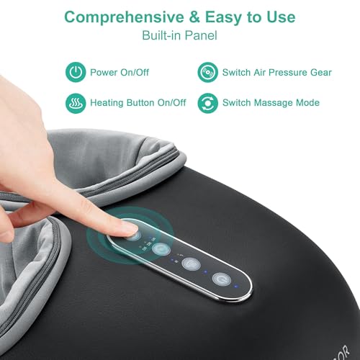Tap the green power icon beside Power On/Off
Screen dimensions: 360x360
click(75, 72)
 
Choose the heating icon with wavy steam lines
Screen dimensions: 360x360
click(75, 103)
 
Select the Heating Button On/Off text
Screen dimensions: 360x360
click(138, 103)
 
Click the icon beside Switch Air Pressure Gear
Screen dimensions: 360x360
click(207, 72)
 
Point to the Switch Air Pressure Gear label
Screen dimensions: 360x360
click(278, 72)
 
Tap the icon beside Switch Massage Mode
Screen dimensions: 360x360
click(207, 103)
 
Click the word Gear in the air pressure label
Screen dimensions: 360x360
click(321, 72)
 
